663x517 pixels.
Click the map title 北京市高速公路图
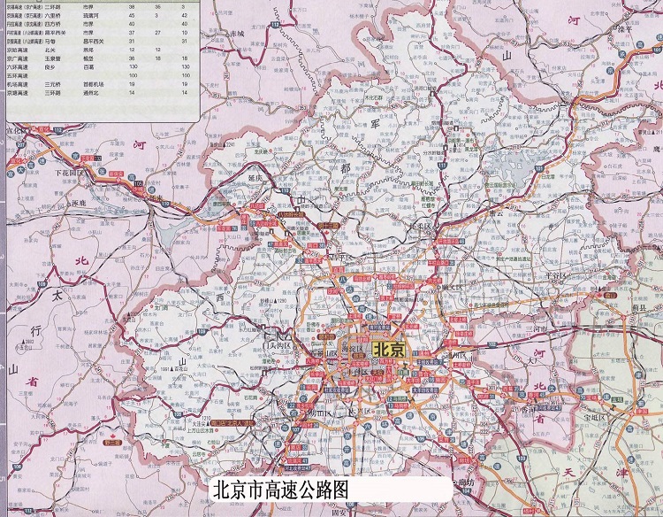click(282, 489)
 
